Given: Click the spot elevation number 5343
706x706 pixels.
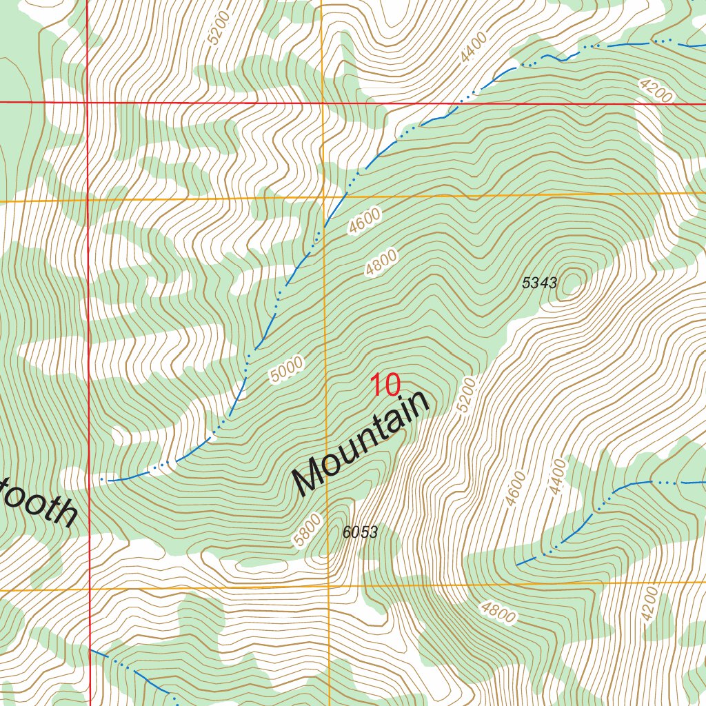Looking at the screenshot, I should click(539, 282).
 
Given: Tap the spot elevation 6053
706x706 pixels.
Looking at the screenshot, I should click(360, 532).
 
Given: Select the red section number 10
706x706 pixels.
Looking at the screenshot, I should click(385, 385).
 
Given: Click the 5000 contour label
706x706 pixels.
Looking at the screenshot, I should click(287, 370).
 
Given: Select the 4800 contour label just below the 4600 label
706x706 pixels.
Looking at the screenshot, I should click(381, 263).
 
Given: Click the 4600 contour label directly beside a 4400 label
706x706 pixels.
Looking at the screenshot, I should click(515, 488).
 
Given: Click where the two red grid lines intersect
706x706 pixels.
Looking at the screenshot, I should click(88, 103).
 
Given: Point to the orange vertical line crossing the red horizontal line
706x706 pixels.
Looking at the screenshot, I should click(323, 103).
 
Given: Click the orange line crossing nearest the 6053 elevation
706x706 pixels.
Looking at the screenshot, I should click(328, 587).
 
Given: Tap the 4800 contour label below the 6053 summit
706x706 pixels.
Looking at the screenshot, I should click(498, 612).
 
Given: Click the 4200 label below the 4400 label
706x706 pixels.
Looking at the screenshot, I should click(649, 605).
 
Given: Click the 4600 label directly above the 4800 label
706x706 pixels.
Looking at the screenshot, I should click(365, 222).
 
